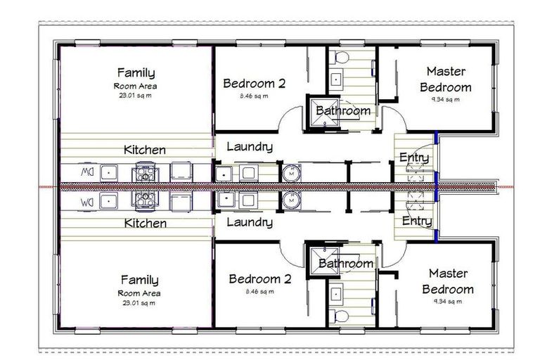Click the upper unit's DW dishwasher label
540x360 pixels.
(86, 171)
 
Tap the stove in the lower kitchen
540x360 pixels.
(144, 200)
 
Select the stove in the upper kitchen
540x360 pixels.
(144, 172)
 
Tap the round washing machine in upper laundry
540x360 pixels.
(291, 172)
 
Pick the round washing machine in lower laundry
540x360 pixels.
(291, 200)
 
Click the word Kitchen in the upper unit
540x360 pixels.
(145, 150)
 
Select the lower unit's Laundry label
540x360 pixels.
(250, 222)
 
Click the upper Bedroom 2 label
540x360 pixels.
(254, 83)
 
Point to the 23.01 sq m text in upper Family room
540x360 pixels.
(136, 95)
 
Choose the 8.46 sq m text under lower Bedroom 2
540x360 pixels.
(255, 291)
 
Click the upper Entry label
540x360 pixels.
(414, 157)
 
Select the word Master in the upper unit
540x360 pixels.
(448, 71)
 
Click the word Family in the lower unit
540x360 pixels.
(139, 279)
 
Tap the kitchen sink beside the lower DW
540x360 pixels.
(109, 200)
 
